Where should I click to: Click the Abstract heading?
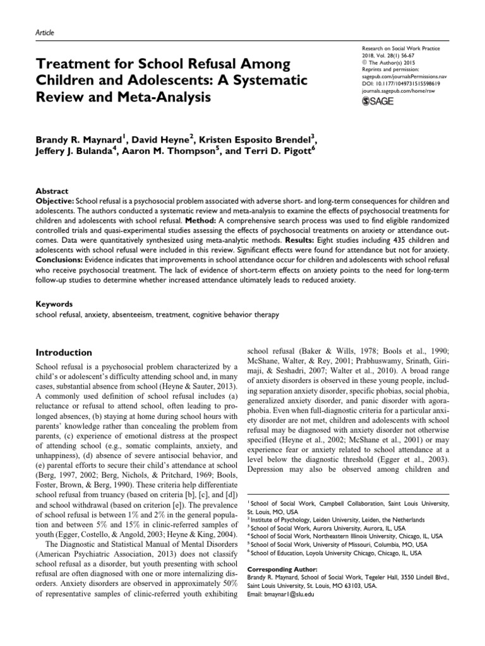52,191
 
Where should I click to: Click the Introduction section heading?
63,352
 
